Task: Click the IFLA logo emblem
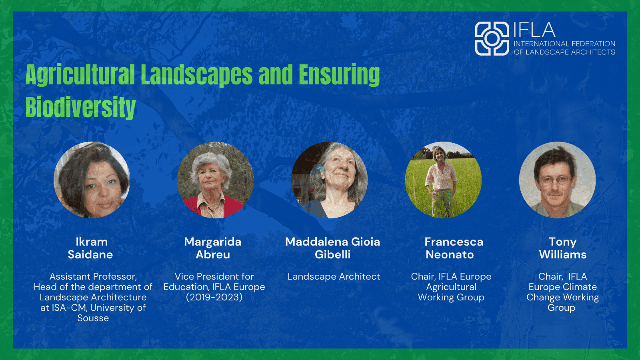coord(492,38)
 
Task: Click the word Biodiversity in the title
coord(80,107)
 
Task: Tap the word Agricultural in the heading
coord(80,74)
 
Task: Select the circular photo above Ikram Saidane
coord(92,180)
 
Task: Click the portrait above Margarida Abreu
coord(215,180)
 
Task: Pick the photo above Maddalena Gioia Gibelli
coord(329,180)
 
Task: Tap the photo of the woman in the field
coord(443,180)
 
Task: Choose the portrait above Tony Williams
coord(557,180)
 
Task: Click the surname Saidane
coord(90,254)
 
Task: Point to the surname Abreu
coord(213,254)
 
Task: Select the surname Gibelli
coord(332,254)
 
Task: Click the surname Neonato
coord(450,254)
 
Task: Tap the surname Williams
coord(562,254)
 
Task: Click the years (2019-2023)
coord(214,298)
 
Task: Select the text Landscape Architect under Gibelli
coord(334,276)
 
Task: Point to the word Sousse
coord(93,318)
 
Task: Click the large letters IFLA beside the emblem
coord(534,30)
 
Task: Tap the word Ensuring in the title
coord(340,74)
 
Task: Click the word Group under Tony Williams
coord(562,308)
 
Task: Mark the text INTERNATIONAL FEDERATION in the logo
coord(564,44)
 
